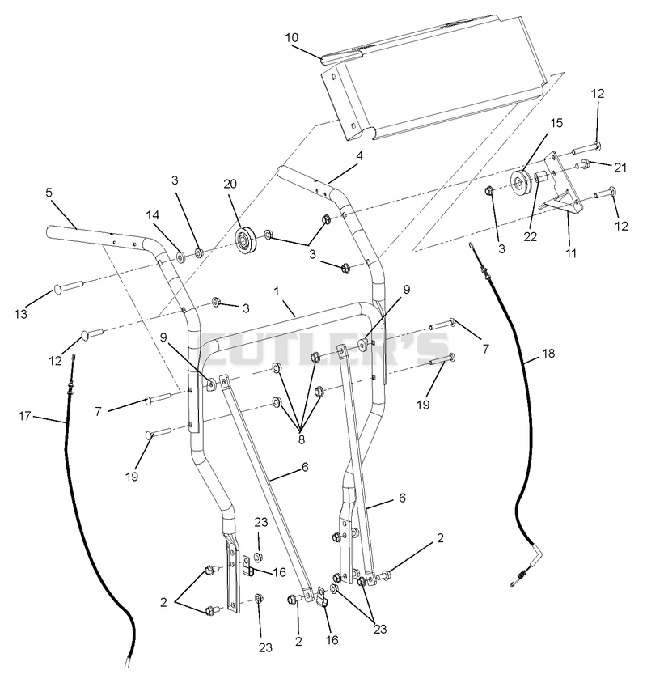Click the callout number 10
click(291, 38)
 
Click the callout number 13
click(20, 314)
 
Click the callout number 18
click(548, 354)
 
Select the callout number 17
click(24, 416)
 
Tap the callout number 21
click(620, 168)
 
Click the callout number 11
click(571, 253)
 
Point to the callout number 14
click(153, 215)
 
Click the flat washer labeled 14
click(181, 257)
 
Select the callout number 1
click(277, 292)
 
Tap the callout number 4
click(359, 156)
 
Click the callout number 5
click(49, 193)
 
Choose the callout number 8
click(301, 439)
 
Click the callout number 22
click(530, 236)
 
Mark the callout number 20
click(230, 184)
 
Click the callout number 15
click(556, 123)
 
